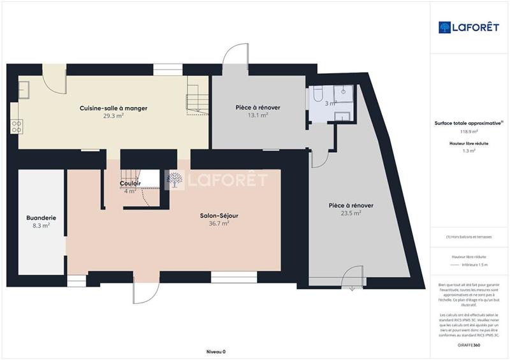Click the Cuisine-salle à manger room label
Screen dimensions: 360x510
[x=113, y=108]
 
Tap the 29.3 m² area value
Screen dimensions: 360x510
[x=113, y=117]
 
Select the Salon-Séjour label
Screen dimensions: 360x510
[x=219, y=215]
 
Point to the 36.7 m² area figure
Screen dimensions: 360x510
[x=219, y=224]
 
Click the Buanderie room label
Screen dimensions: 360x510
[x=41, y=217]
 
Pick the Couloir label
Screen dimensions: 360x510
[x=130, y=184]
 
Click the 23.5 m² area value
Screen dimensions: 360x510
[x=351, y=213]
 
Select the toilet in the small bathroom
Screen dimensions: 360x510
[x=317, y=96]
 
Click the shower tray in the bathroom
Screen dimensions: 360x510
[x=343, y=92]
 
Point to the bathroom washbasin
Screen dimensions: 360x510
[x=342, y=115]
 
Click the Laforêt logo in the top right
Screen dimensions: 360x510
[x=469, y=27]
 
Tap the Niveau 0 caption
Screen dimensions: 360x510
[x=215, y=351]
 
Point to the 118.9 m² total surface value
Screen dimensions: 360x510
[x=469, y=132]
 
